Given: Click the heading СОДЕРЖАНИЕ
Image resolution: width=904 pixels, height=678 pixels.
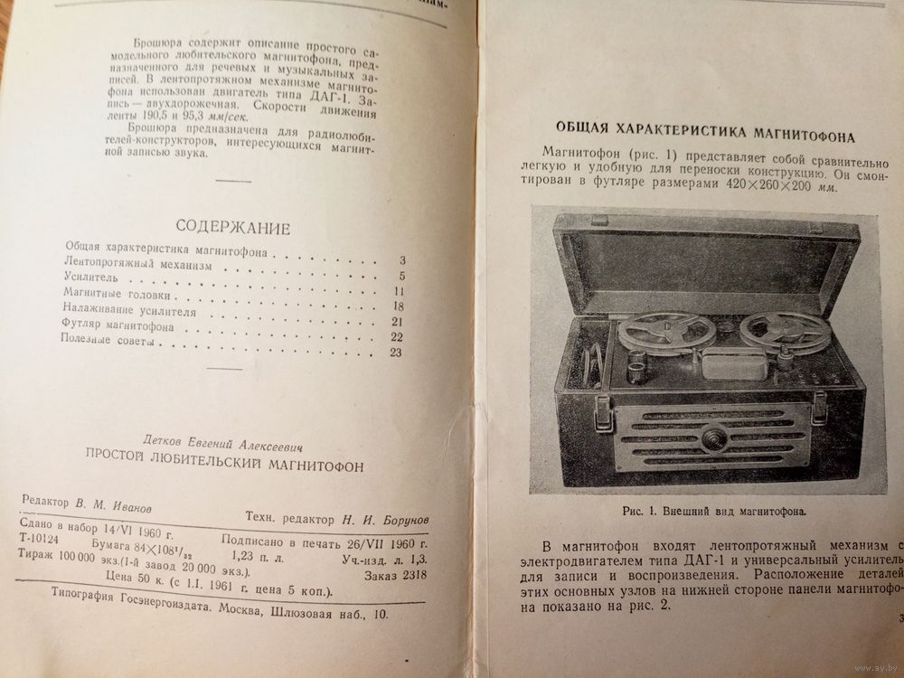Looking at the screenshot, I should pyautogui.click(x=232, y=226).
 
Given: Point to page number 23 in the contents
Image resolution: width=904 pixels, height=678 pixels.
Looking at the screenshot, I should pyautogui.click(x=394, y=352).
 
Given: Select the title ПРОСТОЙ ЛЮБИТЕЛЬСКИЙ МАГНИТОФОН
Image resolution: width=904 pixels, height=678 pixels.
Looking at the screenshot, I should pyautogui.click(x=223, y=464).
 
